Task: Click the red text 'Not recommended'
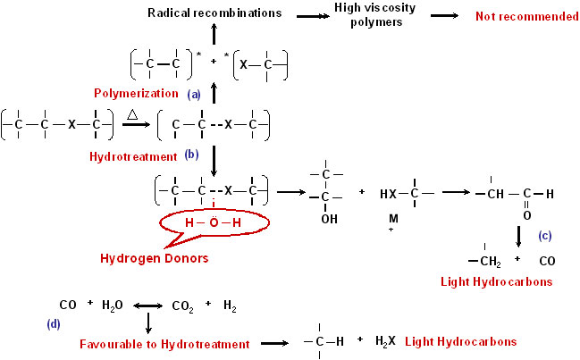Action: [x=527, y=16]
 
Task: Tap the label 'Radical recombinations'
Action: [x=214, y=13]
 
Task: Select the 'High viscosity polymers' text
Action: [x=375, y=14]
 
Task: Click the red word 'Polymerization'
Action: [x=136, y=93]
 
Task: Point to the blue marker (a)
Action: [x=194, y=95]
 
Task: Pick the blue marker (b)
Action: [x=191, y=155]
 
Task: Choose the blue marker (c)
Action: [x=545, y=236]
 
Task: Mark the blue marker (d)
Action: [x=54, y=323]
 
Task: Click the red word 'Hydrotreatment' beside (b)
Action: [x=133, y=156]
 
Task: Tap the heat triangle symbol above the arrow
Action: [x=132, y=114]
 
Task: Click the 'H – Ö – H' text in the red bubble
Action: [x=214, y=222]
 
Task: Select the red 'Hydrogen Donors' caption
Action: [x=155, y=258]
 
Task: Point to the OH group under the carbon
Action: [x=329, y=219]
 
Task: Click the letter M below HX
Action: [x=393, y=219]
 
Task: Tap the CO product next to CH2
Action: [x=547, y=262]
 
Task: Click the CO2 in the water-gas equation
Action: [x=182, y=306]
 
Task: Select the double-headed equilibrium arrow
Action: [x=148, y=306]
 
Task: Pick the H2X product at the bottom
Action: [x=385, y=340]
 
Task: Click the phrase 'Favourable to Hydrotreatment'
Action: [x=164, y=344]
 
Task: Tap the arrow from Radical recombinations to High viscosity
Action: [x=313, y=16]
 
